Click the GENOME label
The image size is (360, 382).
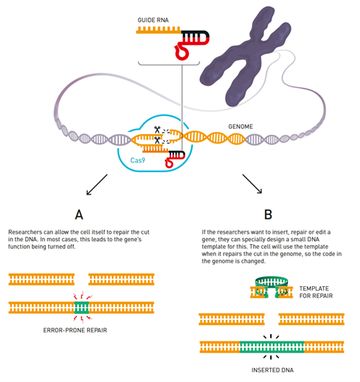(239, 127)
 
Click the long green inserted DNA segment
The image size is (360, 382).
(271, 347)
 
